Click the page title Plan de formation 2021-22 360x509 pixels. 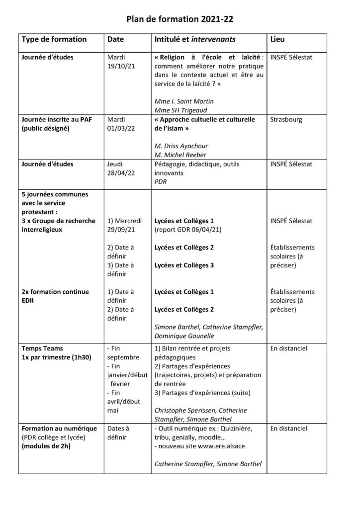tap(180, 19)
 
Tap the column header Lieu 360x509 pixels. tap(277, 39)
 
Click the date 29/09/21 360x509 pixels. tap(121, 229)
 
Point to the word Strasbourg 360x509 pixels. tap(286, 120)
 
